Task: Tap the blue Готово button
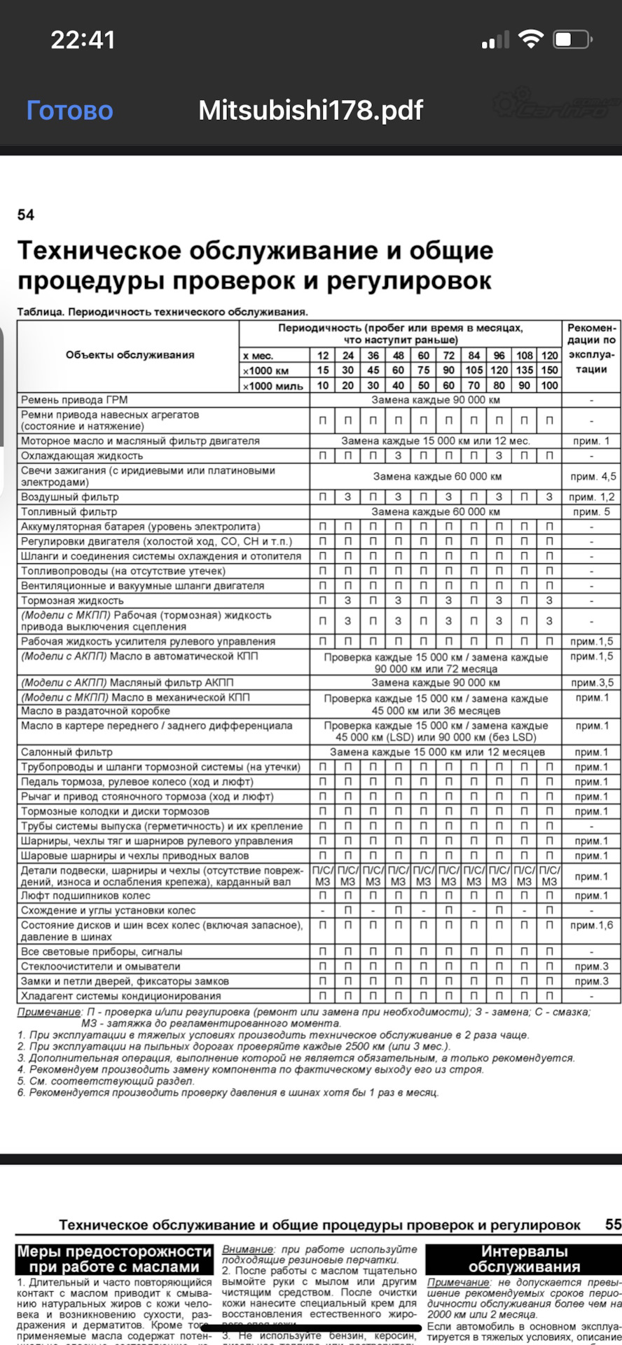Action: coord(69,110)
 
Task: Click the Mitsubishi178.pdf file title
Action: coord(310,110)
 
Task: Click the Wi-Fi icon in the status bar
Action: coord(530,40)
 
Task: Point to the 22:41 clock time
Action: coord(83,40)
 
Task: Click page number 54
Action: coord(26,215)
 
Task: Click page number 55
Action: coord(613,1224)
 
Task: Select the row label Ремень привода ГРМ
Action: coord(74,400)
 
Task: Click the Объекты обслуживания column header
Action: coord(130,354)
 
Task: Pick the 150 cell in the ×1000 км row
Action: coord(550,370)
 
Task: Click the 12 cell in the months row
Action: coord(323,355)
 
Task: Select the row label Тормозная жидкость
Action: coord(72,600)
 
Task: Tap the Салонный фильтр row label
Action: coord(67,752)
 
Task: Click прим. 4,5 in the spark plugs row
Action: coord(593,476)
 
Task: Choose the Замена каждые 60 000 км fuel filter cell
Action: coord(436,511)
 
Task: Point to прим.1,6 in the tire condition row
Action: coord(592,925)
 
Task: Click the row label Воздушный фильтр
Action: coord(70,497)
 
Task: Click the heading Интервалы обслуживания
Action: coord(523,1258)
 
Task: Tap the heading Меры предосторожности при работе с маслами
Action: coord(114,1258)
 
